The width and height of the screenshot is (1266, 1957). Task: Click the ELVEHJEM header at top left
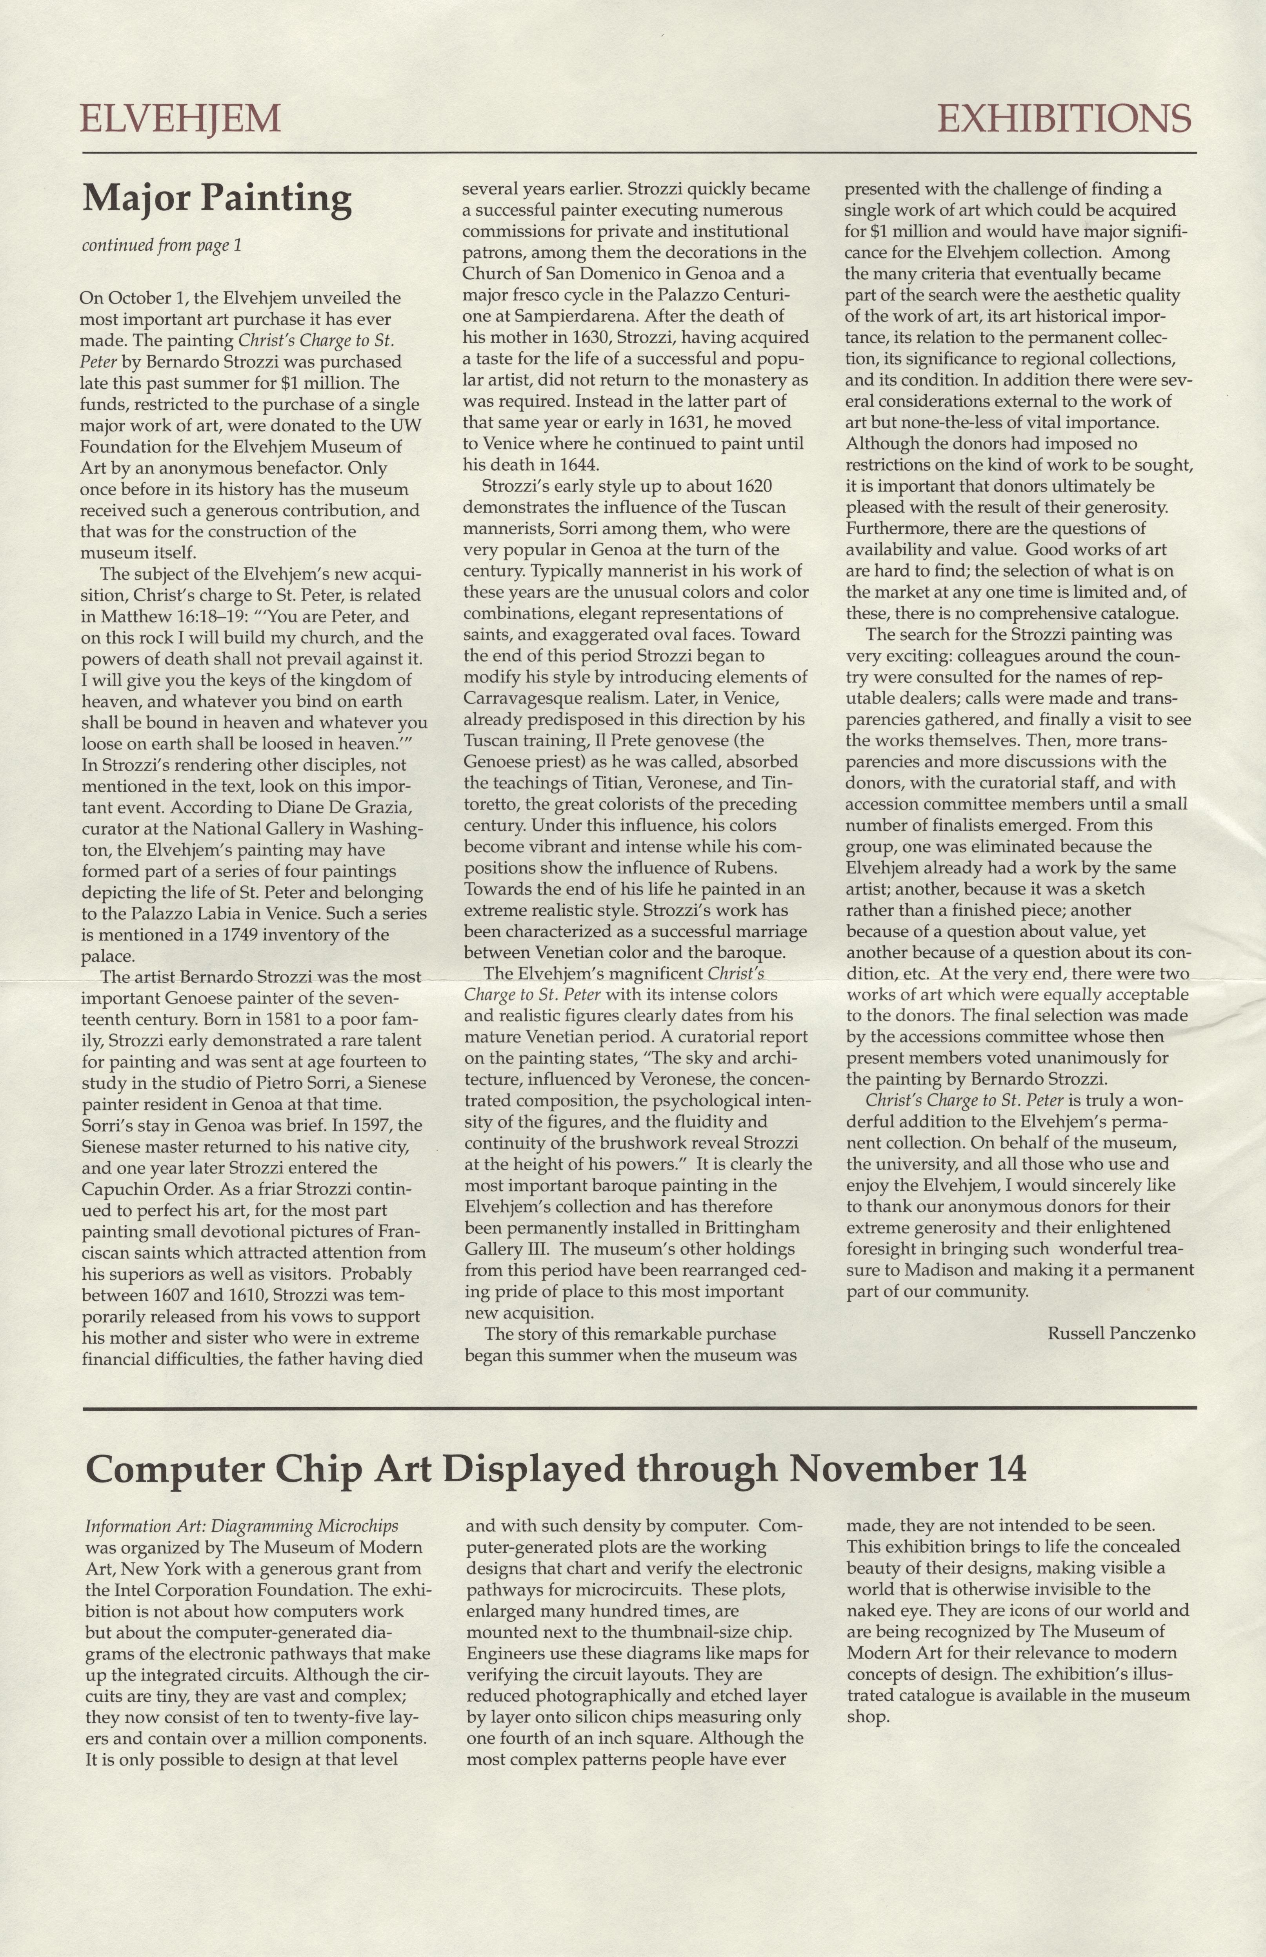tap(180, 119)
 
